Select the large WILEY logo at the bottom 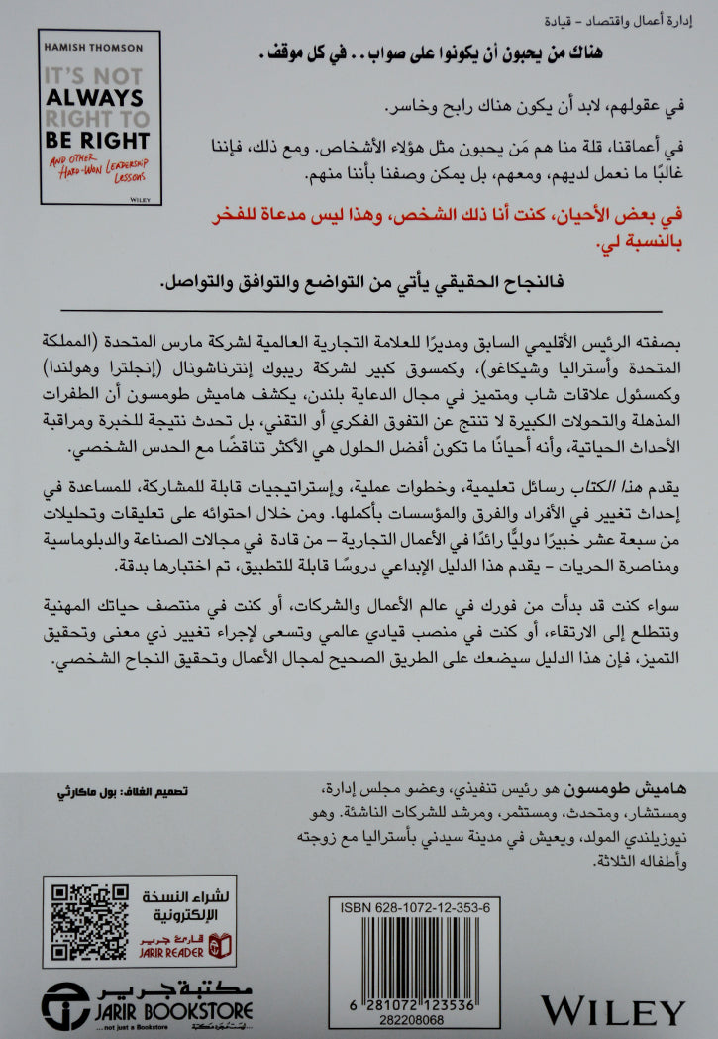(613, 1011)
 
